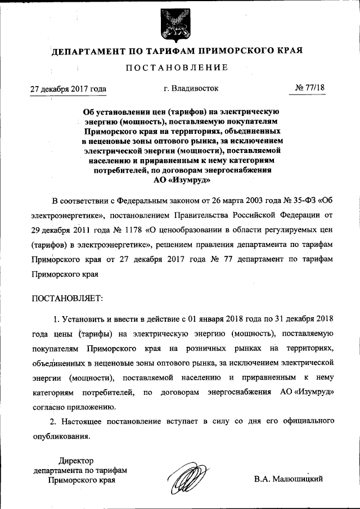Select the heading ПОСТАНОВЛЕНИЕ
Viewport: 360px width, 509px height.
click(177, 68)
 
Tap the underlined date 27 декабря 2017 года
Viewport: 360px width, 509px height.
click(67, 89)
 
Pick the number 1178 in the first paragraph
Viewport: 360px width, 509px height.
click(129, 230)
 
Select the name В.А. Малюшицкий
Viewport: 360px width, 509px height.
click(289, 479)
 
